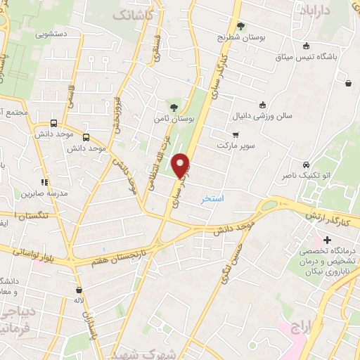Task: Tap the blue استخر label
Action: coord(212,199)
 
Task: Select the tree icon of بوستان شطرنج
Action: coord(241,27)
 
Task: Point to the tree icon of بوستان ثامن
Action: coord(174,107)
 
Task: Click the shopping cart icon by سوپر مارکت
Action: coord(236,135)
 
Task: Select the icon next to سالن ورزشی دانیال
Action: coord(262,105)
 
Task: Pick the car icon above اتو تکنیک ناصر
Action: coord(305,164)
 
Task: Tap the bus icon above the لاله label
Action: coord(79,290)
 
